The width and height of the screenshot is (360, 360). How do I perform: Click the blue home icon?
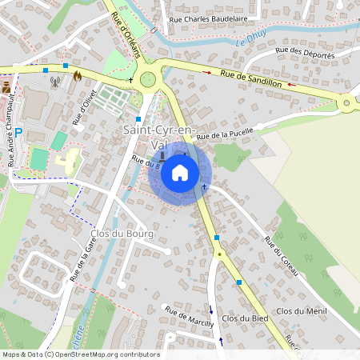coord(180,173)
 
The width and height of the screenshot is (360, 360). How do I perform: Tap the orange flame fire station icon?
coord(78,76)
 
